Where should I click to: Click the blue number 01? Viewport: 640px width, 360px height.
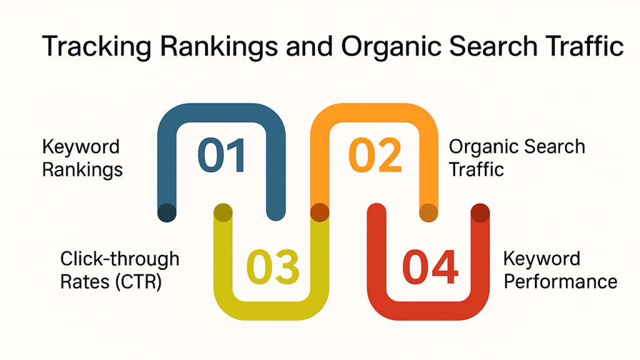(222, 155)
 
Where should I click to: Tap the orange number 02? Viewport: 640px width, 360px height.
(375, 155)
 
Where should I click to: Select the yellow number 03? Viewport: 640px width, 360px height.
(273, 267)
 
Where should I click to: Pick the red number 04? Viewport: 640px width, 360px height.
(430, 267)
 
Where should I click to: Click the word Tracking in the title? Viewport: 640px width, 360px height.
(96, 46)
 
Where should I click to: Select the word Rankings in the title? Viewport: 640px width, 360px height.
(219, 46)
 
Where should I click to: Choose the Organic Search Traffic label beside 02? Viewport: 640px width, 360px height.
(517, 158)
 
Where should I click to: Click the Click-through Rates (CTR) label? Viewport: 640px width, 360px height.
(119, 270)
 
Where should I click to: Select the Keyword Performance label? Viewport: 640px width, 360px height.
(560, 270)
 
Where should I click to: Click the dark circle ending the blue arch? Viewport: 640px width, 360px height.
(167, 212)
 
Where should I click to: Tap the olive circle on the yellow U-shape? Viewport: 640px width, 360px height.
(223, 212)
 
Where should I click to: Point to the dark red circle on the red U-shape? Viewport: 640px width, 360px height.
(480, 212)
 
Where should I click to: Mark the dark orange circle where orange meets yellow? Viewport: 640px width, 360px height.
(319, 212)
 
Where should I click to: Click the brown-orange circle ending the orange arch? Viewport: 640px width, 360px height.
(429, 212)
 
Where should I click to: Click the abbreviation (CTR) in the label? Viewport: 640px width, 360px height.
(139, 282)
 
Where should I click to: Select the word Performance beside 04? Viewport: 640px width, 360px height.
(561, 281)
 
